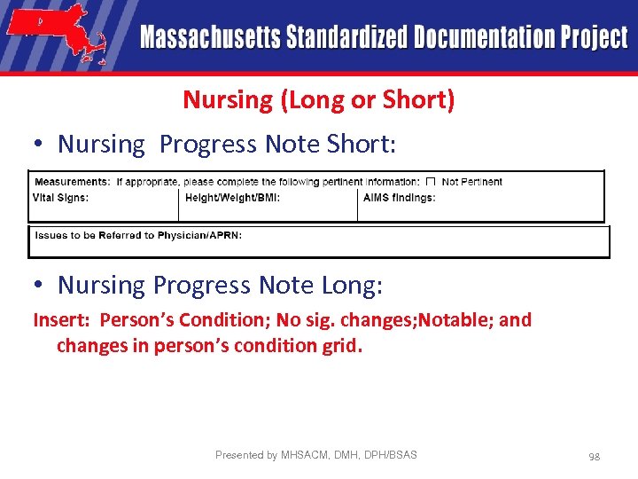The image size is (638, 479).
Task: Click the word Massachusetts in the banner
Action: tap(210, 37)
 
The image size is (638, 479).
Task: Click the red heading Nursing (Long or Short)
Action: tap(319, 99)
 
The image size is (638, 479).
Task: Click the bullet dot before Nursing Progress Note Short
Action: tap(41, 145)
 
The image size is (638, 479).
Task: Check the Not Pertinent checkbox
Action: tap(431, 181)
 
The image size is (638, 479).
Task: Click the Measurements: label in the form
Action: tap(73, 181)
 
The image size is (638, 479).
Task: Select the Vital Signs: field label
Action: tap(61, 198)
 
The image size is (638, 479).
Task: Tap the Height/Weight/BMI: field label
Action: tap(233, 198)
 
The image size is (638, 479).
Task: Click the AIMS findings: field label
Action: tap(400, 198)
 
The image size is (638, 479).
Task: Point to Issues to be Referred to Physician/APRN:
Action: tap(138, 235)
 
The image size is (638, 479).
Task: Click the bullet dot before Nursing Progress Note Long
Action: tap(41, 286)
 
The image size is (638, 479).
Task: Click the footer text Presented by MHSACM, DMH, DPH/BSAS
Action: tap(315, 455)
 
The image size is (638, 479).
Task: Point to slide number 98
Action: tap(594, 456)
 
